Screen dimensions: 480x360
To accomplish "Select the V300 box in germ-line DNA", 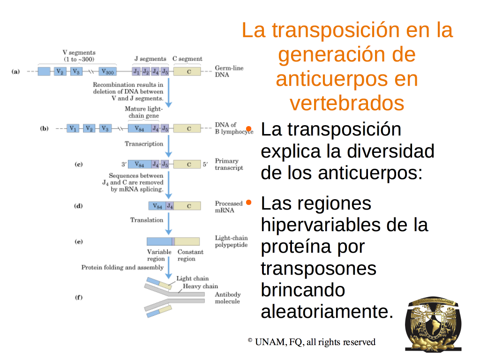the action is tap(108, 72).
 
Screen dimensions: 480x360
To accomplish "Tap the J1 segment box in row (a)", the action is tap(136, 72).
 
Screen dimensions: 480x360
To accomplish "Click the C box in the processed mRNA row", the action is tap(187, 206).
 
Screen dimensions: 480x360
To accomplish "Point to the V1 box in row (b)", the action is tap(73, 128).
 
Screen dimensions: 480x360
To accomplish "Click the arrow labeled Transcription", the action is tap(168, 146).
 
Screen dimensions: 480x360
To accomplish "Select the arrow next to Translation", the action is tap(168, 224).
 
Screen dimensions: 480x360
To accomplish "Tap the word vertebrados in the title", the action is tap(347, 103).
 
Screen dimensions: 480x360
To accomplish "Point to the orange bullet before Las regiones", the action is tap(248, 202).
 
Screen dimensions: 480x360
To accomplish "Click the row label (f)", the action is tap(79, 297).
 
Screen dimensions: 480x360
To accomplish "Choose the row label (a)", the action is tap(15, 72).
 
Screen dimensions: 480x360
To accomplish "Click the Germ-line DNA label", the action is tap(229, 71).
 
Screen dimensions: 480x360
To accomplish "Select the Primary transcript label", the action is tap(229, 165).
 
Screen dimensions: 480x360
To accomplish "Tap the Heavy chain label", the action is tap(201, 286).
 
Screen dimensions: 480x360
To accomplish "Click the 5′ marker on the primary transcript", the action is tap(205, 165).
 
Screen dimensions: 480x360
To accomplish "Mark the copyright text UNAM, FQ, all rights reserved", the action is tap(315, 342).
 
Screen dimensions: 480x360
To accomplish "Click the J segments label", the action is tap(150, 59).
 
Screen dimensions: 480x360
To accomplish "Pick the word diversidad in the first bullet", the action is tap(390, 151).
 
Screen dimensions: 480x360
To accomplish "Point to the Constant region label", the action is tap(190, 255).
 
